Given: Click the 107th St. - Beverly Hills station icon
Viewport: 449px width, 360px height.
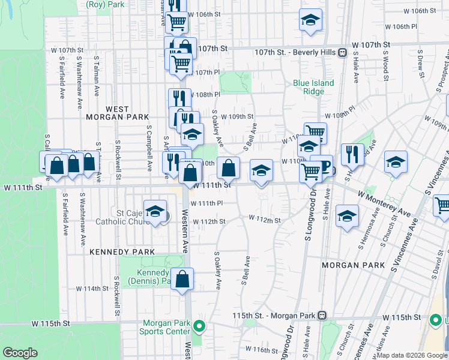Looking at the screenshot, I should (342, 52).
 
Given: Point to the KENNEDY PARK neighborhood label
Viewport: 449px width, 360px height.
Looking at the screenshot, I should (122, 252).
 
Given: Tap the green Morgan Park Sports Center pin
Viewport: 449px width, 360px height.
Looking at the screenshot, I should (200, 327).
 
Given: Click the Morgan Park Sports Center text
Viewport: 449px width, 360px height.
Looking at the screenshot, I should (164, 327).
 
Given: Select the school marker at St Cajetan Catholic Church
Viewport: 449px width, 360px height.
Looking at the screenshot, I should (155, 212).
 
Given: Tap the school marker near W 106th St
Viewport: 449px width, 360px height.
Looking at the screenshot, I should (310, 20).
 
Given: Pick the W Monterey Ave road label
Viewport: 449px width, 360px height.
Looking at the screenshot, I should (384, 203).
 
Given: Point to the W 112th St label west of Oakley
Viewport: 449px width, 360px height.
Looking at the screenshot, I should (208, 221).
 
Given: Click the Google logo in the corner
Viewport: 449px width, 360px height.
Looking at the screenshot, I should (20, 353).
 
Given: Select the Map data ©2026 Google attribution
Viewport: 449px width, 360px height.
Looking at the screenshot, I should (411, 355).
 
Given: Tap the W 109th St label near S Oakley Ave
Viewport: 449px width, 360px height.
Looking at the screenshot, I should (237, 117).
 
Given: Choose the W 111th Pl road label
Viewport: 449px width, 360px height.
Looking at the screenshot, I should (208, 203).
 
